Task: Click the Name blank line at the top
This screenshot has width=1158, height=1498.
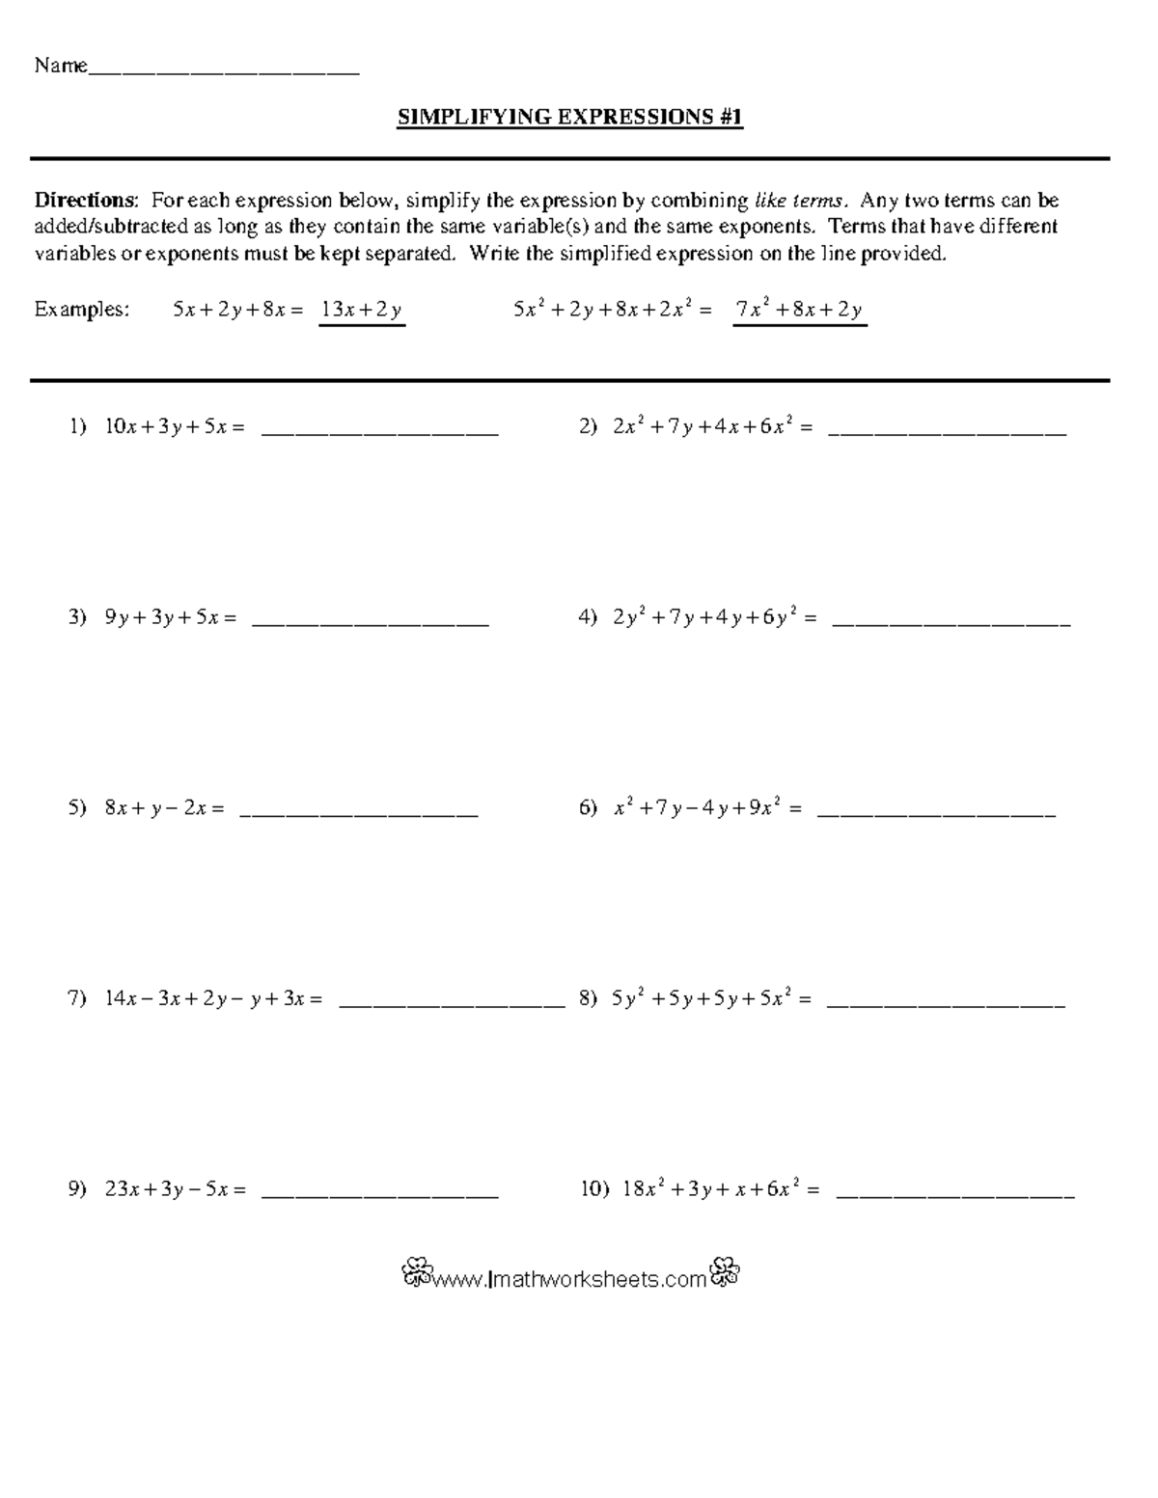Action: pos(223,72)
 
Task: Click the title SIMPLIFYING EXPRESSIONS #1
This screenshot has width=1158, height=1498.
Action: pos(570,118)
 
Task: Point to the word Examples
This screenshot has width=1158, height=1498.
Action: pos(81,310)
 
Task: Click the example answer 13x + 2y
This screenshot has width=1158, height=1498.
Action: pos(362,310)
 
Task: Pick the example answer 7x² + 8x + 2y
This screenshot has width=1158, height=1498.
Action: pos(799,310)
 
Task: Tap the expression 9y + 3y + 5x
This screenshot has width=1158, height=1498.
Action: pos(170,617)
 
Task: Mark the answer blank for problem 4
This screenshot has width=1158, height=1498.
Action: pos(951,625)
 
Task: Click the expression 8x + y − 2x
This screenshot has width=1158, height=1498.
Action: pos(164,808)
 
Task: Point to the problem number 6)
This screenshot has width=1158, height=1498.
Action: pos(589,808)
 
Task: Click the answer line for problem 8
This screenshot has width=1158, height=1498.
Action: pos(947,1006)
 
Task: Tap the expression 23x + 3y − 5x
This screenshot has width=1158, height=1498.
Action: pos(175,1189)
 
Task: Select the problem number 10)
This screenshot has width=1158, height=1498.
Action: pos(594,1189)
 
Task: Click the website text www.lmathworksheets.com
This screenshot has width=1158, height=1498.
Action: pos(570,1280)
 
